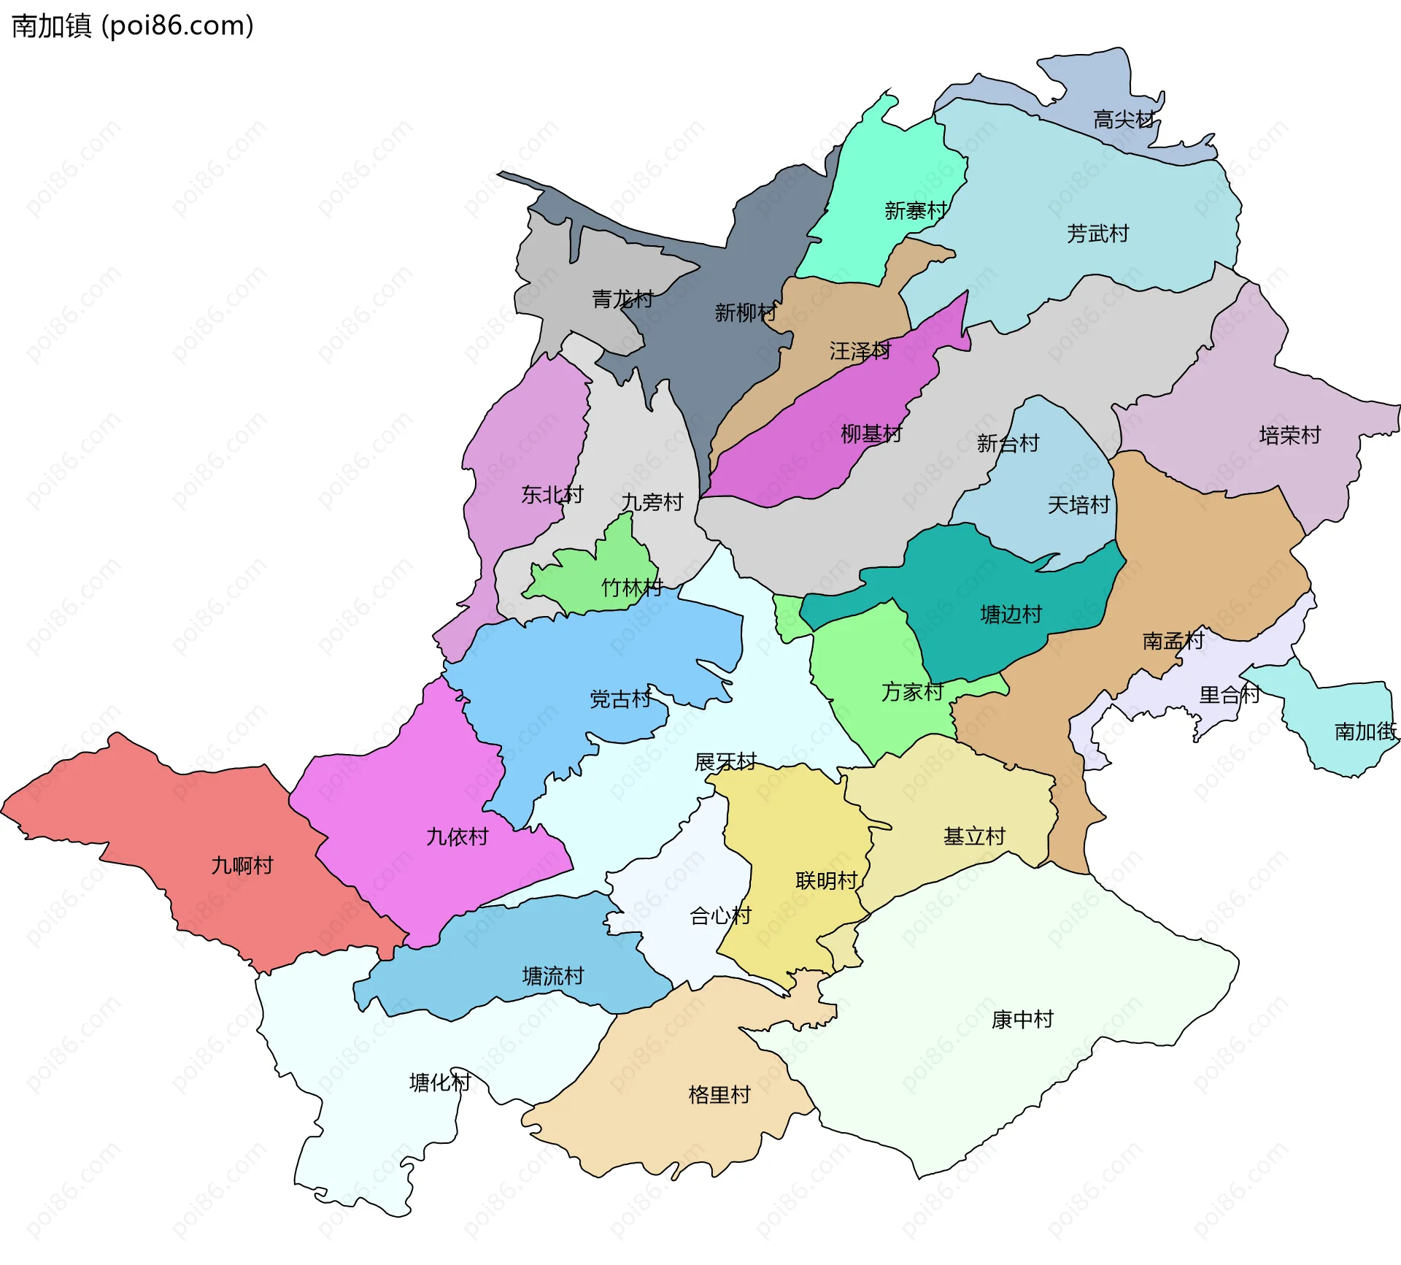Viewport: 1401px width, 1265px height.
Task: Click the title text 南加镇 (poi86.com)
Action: point(133,26)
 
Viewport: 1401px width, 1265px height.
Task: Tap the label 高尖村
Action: point(1124,120)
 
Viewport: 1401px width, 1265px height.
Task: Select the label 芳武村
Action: point(1097,234)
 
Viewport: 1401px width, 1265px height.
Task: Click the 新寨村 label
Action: point(915,212)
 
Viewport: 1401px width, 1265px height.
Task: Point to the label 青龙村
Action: point(622,299)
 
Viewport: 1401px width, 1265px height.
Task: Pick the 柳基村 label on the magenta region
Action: point(871,435)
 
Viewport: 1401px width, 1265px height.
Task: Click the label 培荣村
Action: point(1289,436)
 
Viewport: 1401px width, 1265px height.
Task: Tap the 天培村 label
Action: point(1078,505)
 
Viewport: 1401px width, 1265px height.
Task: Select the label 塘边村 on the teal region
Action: point(1011,615)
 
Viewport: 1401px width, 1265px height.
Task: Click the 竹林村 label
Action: point(632,588)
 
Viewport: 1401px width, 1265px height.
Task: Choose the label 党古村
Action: point(620,699)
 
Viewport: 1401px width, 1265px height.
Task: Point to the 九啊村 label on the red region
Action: point(242,866)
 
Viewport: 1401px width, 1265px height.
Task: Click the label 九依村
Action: point(458,837)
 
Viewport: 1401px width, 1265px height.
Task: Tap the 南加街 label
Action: point(1365,731)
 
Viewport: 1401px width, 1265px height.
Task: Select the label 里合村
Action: point(1230,695)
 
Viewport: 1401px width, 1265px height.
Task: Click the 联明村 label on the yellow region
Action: point(827,881)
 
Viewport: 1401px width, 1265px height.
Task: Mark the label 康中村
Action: point(1022,1020)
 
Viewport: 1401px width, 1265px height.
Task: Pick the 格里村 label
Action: point(719,1095)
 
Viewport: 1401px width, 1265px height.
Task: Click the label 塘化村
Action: point(440,1083)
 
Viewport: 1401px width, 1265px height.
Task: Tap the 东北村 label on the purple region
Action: point(552,495)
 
